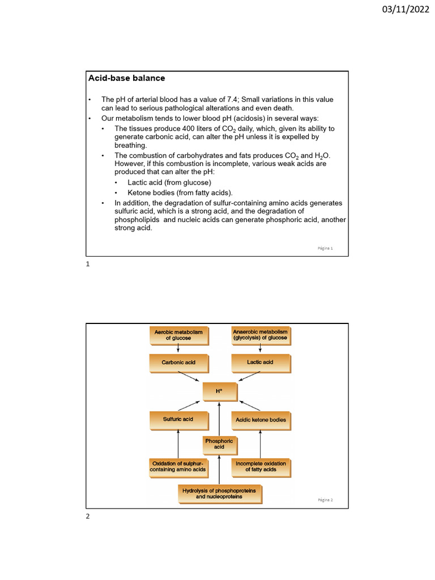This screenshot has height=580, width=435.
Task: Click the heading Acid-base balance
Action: (126, 78)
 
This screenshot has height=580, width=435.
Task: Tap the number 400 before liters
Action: (182, 129)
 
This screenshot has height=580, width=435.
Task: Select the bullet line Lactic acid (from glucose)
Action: (169, 182)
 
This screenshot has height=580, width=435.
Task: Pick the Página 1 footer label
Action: (325, 248)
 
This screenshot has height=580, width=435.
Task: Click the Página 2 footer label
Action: (325, 500)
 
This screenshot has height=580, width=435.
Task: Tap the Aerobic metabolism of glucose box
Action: (178, 335)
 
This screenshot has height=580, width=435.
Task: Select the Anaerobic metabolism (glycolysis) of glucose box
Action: (260, 335)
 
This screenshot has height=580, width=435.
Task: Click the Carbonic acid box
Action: (178, 362)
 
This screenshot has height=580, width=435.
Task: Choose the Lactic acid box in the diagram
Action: (260, 362)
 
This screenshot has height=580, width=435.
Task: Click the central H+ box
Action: (219, 391)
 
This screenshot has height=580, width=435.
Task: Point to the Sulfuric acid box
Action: (178, 419)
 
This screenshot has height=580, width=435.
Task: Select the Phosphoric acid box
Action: (219, 443)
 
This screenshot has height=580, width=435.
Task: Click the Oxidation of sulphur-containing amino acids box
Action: (178, 467)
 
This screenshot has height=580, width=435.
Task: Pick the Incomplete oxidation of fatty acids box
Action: (261, 467)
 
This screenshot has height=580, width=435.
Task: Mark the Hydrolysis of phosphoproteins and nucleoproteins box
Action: (219, 493)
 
